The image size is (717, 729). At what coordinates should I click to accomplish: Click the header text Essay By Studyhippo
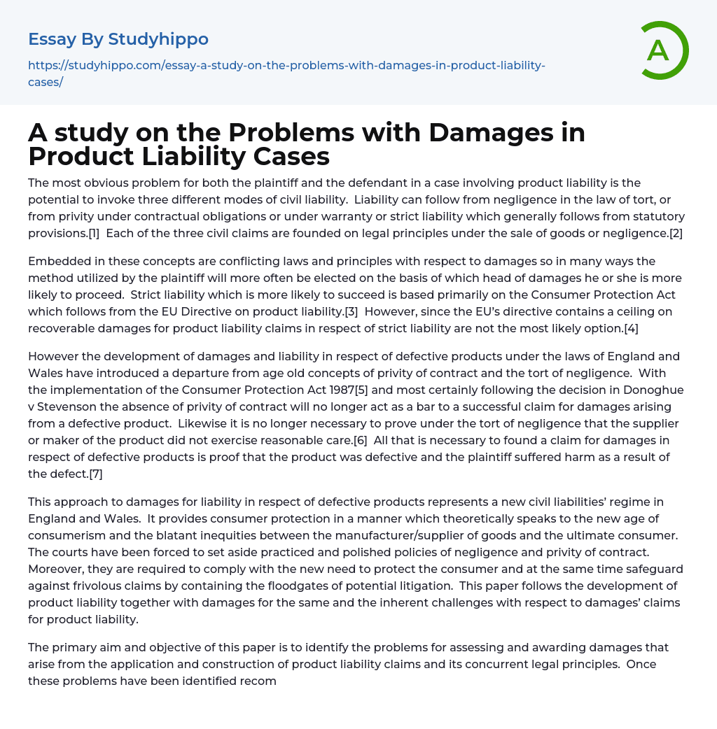pyautogui.click(x=118, y=39)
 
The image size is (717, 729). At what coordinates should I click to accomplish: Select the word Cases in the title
pyautogui.click(x=288, y=157)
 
